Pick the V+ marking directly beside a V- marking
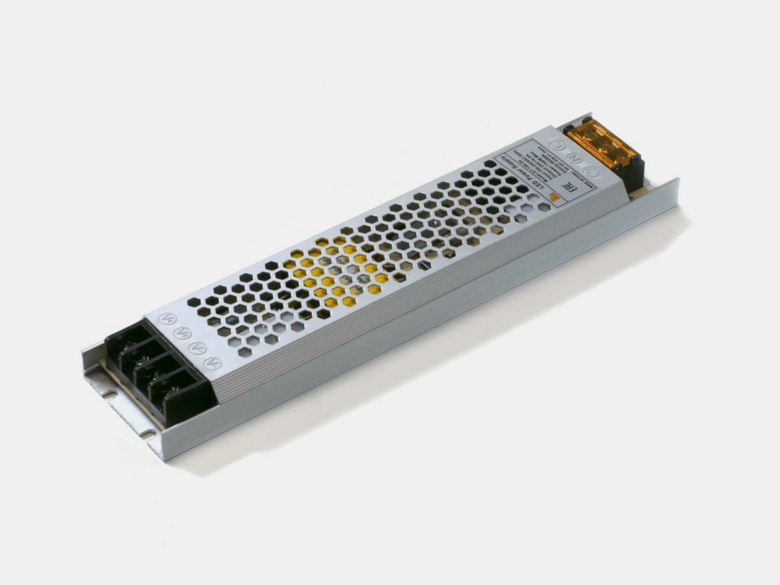[x=180, y=332]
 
